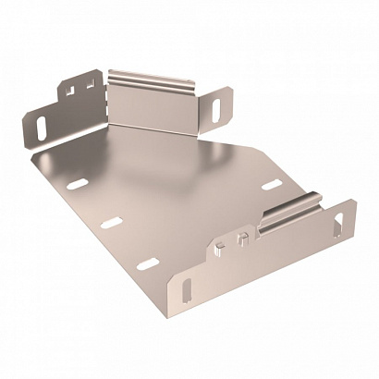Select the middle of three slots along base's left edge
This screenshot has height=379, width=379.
pos(110,222)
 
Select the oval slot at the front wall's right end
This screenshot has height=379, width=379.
pos(345,221)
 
